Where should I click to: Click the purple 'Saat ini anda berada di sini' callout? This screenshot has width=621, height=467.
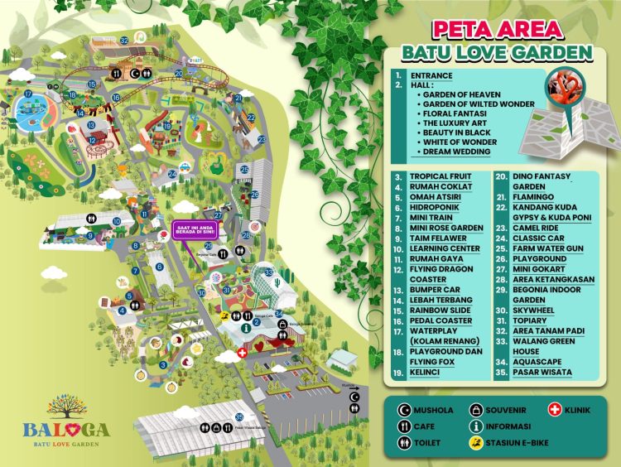tap(194, 229)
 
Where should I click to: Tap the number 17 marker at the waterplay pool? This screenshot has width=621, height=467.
tap(27, 94)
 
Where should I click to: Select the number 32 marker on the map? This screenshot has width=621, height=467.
tap(124, 39)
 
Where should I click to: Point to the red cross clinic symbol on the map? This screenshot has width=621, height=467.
tap(242, 353)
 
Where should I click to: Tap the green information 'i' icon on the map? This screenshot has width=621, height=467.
tap(247, 327)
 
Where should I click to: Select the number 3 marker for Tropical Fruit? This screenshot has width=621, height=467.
tap(163, 365)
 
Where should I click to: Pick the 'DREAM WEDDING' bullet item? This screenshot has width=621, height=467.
tap(455, 152)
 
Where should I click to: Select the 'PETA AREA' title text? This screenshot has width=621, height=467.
tap(498, 30)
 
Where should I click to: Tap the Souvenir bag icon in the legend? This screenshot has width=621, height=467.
tap(478, 409)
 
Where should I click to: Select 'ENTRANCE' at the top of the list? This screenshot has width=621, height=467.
tap(433, 75)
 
